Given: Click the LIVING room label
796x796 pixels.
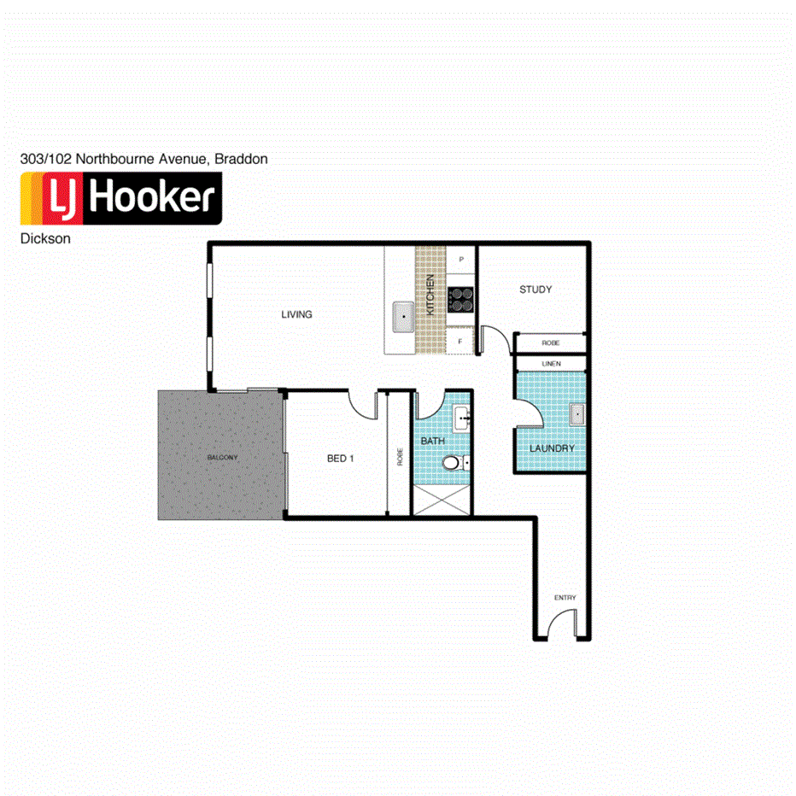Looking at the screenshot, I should (296, 314).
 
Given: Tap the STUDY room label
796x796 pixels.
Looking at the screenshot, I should (536, 290).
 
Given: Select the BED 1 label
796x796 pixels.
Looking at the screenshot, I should (340, 459).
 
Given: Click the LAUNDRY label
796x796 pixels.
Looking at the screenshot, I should (551, 448).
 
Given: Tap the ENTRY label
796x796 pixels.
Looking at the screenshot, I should (565, 598).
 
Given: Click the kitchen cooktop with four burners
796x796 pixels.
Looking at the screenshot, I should (462, 299).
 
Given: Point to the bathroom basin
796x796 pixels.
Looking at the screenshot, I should (462, 418).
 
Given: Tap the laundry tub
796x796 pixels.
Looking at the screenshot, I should (577, 414).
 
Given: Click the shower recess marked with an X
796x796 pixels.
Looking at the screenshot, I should (442, 499).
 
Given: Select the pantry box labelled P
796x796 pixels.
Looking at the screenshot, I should (461, 259).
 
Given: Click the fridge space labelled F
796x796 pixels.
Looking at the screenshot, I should (460, 342).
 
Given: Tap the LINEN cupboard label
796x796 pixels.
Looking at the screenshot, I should (550, 365).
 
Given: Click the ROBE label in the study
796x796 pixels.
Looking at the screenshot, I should (550, 343).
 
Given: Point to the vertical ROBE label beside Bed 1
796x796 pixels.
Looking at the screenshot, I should (399, 457).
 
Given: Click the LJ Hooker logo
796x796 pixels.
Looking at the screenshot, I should (120, 198).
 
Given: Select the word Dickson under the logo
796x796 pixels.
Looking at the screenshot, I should (45, 239).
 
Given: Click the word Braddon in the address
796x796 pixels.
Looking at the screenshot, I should (241, 159).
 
